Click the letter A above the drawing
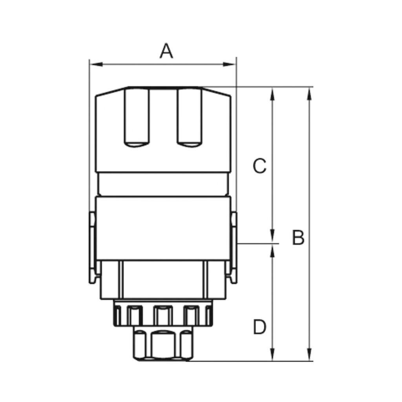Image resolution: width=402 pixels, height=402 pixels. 166,51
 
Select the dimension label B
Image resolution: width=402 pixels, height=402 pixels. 298,238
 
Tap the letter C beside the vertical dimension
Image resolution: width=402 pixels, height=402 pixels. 259,166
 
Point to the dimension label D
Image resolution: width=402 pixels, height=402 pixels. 259,327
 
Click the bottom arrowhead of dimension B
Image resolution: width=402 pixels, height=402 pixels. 310,355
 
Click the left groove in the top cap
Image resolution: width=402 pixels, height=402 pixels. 137,118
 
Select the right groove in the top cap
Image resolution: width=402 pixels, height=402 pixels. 190,118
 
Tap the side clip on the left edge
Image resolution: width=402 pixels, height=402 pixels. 92,247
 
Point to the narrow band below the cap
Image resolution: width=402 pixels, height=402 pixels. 163,184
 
